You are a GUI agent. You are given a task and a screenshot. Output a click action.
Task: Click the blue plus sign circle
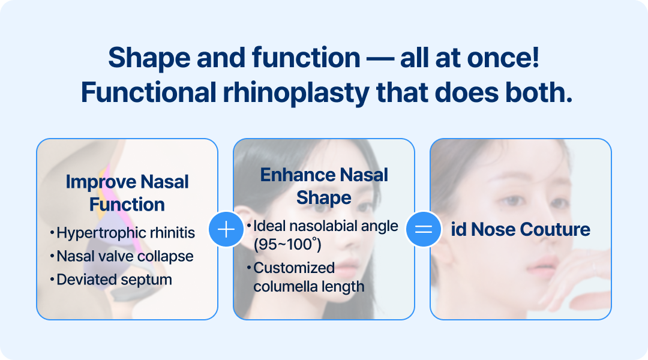[226, 229]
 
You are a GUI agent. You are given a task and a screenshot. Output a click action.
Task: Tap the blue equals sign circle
[424, 229]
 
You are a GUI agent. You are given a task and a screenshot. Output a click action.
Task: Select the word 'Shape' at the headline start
[149, 58]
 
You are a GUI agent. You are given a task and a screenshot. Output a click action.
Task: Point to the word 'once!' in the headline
[503, 57]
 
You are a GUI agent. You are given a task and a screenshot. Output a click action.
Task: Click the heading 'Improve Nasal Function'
[127, 193]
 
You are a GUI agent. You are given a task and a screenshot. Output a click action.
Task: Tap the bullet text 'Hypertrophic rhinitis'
[125, 233]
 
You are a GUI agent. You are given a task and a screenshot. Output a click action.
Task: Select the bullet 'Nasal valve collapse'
[125, 257]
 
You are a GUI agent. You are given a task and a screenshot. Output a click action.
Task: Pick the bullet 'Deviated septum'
[114, 280]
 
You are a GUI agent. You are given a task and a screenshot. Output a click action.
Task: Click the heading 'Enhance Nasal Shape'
[324, 186]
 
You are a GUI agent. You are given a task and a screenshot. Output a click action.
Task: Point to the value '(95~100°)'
[287, 245]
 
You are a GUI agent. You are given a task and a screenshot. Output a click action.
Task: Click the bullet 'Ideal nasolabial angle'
[326, 226]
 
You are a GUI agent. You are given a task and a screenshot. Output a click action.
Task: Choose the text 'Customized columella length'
[309, 277]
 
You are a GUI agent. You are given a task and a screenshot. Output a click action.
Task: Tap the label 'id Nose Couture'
[520, 229]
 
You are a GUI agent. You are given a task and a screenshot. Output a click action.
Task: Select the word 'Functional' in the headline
[149, 92]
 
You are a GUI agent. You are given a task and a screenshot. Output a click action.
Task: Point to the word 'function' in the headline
[306, 57]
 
